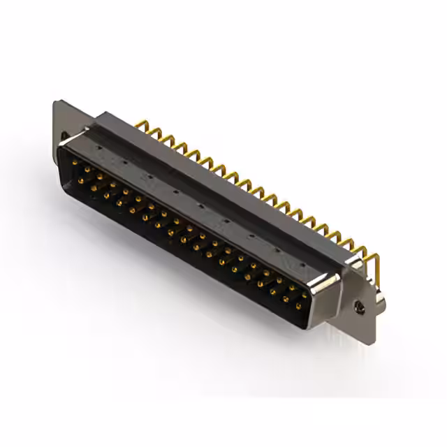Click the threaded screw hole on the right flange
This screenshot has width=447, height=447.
(360, 306)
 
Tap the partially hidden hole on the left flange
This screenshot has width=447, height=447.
(64, 137)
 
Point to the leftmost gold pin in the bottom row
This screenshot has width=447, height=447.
(81, 180)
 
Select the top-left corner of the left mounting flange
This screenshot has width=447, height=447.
(57, 103)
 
